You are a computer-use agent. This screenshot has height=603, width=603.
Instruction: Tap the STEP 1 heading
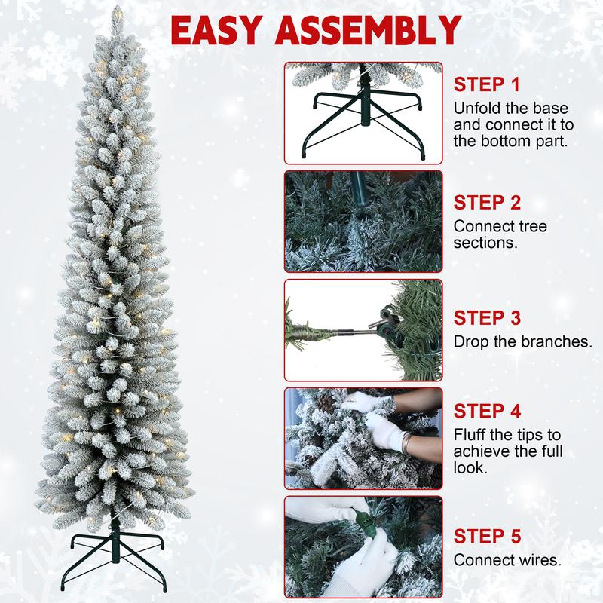[x=485, y=84]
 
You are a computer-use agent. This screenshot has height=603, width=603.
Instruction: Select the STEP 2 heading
[x=487, y=203]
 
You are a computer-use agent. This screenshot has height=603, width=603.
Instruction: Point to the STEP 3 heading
[x=487, y=317]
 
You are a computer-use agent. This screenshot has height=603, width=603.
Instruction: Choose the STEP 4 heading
[x=487, y=412]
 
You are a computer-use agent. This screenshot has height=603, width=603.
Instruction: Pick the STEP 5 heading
[x=487, y=537]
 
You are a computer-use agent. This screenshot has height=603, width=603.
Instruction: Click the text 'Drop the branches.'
[x=522, y=341]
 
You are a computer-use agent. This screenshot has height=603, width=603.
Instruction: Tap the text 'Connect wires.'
[x=506, y=561]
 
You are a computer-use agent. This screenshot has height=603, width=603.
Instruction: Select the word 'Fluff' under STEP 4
[x=470, y=435]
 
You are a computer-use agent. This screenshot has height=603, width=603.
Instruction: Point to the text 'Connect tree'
[x=500, y=226]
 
